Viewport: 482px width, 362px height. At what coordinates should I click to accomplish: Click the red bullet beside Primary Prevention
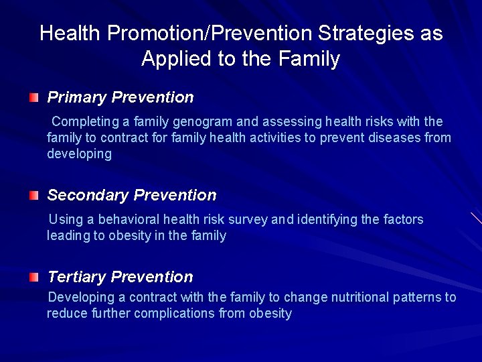pos(33,98)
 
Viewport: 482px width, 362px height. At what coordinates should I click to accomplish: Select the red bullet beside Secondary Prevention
pos(33,196)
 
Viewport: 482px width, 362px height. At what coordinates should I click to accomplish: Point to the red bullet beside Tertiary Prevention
pos(33,277)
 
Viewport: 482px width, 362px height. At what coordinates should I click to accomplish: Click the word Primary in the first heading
pos(77,98)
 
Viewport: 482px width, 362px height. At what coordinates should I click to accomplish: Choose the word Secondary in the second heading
pos(88,196)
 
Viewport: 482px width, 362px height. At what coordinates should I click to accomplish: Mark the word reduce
pos(66,314)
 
